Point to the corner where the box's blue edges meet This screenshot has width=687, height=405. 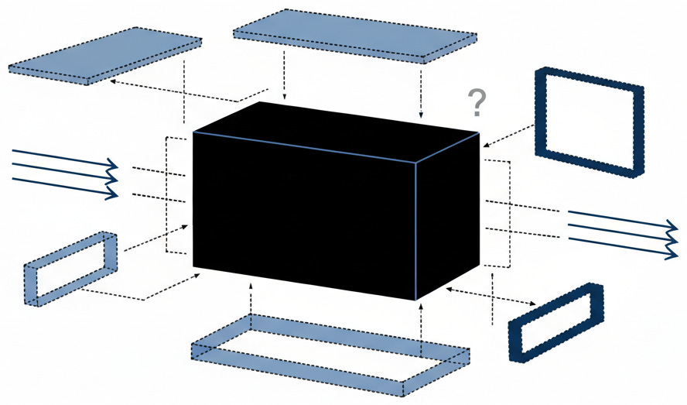pos(417,163)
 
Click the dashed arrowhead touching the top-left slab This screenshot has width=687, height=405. pos(114,80)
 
